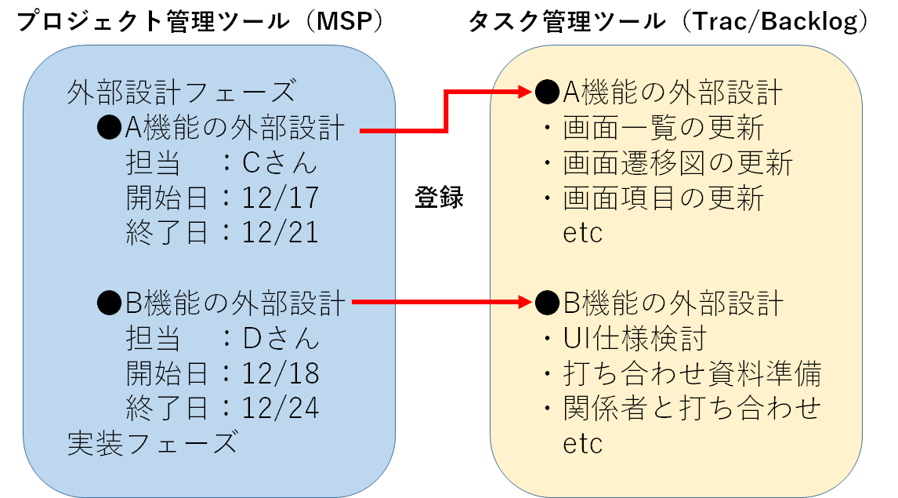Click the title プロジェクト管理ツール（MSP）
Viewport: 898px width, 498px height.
[200, 22]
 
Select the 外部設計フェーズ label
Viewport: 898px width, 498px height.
[182, 93]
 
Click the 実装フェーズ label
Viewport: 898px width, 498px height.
[152, 443]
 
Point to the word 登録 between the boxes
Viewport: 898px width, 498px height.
[440, 197]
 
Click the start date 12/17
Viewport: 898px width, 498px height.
[280, 198]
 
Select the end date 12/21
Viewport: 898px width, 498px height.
[280, 233]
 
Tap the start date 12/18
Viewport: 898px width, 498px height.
[280, 373]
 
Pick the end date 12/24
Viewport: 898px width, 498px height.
[280, 409]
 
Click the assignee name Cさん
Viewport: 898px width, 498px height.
[280, 163]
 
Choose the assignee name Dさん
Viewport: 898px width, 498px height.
[280, 339]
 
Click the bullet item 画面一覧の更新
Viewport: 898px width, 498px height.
[663, 127]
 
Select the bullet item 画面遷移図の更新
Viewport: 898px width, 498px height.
[678, 163]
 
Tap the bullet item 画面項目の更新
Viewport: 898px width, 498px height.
[663, 198]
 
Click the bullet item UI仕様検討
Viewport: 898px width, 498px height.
[635, 339]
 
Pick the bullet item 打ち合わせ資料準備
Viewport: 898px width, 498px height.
[693, 373]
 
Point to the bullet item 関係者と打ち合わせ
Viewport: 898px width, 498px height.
[693, 409]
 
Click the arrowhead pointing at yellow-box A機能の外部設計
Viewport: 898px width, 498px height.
[524, 91]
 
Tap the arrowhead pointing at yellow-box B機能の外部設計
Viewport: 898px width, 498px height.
[524, 302]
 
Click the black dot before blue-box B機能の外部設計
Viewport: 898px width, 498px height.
[109, 303]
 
